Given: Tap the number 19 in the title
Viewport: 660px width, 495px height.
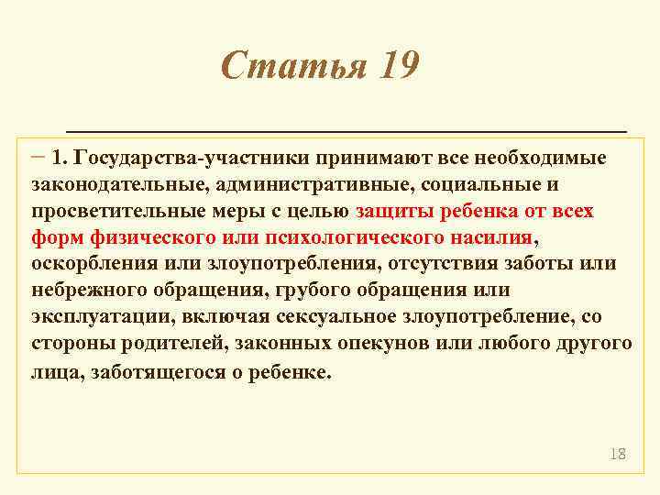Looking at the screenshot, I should click(395, 66).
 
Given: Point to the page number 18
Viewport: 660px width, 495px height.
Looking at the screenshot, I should click(617, 454).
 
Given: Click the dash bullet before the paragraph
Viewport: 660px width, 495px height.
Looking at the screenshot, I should click(38, 156).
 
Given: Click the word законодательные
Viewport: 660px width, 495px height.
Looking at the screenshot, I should click(117, 184).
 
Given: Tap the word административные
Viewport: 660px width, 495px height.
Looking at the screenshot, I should click(313, 184).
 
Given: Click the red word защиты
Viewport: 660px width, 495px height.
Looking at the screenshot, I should click(393, 211).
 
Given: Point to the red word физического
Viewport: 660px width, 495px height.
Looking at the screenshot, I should click(147, 237).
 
